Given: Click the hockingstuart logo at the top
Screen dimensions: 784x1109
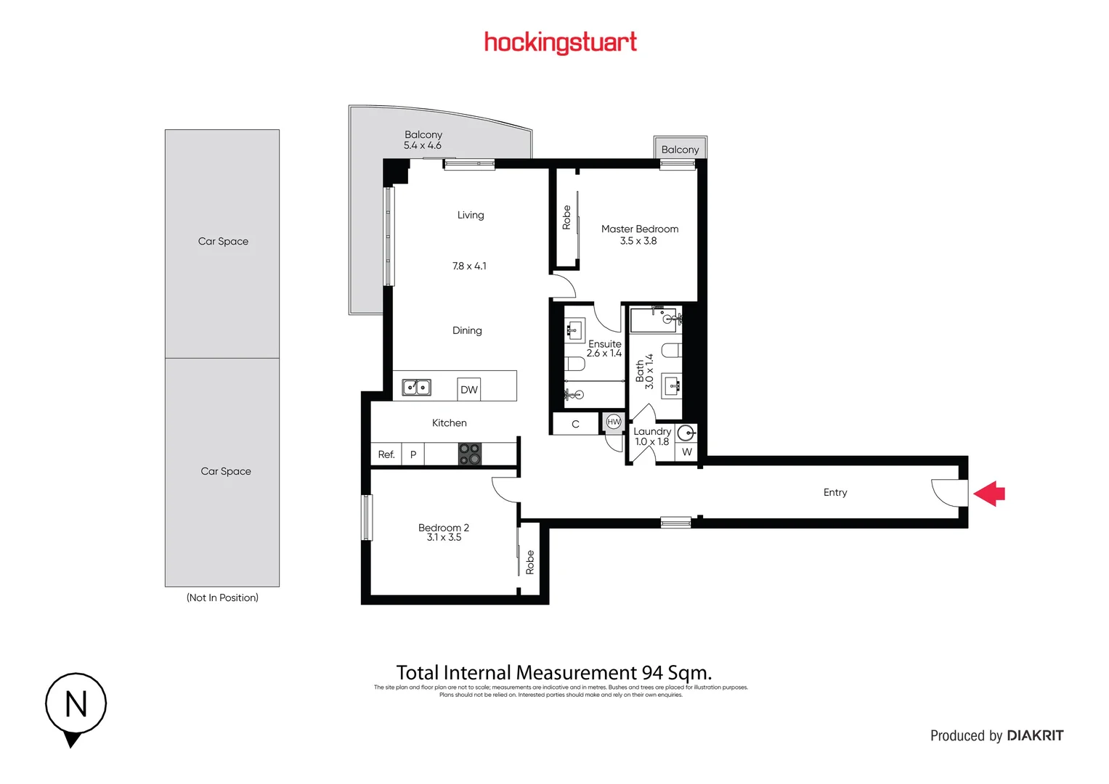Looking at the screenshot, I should (x=560, y=43).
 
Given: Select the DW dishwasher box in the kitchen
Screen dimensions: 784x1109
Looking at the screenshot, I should (x=469, y=390).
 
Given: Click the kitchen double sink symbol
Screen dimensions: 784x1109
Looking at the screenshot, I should (x=417, y=388).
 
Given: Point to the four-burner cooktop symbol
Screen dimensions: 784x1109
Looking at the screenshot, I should (x=470, y=454).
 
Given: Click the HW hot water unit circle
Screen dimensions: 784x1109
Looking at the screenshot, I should (x=614, y=422).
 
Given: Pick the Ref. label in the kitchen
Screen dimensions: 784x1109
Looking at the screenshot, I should (x=386, y=454).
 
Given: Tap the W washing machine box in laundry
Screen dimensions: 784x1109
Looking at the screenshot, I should (x=687, y=452).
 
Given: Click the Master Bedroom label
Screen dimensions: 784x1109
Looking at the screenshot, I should (x=640, y=229).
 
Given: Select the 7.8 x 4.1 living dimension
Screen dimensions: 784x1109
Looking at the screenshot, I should (x=469, y=266).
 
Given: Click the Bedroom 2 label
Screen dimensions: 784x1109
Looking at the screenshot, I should (x=444, y=528).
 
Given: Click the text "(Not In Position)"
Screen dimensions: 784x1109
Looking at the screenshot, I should (x=222, y=597).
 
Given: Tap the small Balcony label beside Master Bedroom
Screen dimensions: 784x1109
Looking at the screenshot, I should (x=680, y=150).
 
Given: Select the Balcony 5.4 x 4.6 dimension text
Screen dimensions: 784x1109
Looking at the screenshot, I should (x=423, y=145).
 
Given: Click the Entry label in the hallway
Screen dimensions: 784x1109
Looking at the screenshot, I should (x=835, y=492).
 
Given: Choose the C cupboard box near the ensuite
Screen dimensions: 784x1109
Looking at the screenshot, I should (x=575, y=424).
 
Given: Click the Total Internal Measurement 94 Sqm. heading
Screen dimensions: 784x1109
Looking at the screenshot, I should (x=553, y=673).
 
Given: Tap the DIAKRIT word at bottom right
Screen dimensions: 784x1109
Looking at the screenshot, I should (x=1035, y=735).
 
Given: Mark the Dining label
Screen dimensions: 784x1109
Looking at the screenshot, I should (x=467, y=330).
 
